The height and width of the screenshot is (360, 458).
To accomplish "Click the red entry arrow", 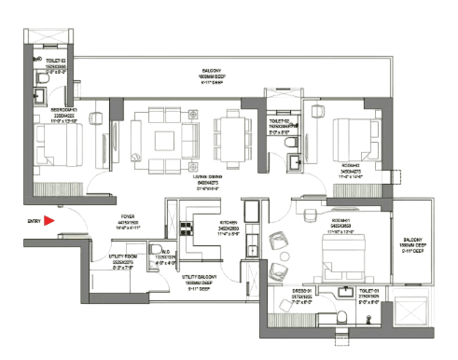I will tap(50, 221).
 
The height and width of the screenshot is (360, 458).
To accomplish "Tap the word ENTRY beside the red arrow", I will tap(34, 221).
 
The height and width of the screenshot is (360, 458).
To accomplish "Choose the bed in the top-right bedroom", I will tap(353, 141).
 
